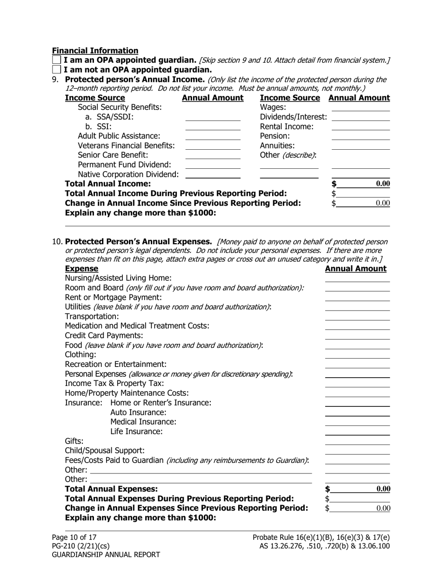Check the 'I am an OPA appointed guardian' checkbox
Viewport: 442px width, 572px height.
click(x=56, y=60)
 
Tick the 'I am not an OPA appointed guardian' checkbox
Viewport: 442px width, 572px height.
click(x=56, y=70)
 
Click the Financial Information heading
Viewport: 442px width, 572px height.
click(x=95, y=50)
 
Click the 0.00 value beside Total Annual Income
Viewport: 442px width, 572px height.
click(x=382, y=184)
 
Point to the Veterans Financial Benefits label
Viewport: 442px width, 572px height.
click(x=126, y=146)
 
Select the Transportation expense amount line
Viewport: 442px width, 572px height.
click(x=357, y=317)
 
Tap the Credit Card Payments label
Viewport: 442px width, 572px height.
click(x=104, y=335)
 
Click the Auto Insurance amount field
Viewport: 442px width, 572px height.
click(x=357, y=412)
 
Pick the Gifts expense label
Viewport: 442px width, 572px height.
click(x=74, y=441)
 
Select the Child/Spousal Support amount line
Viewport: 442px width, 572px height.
click(x=357, y=451)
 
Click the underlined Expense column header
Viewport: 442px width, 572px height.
click(x=81, y=269)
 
